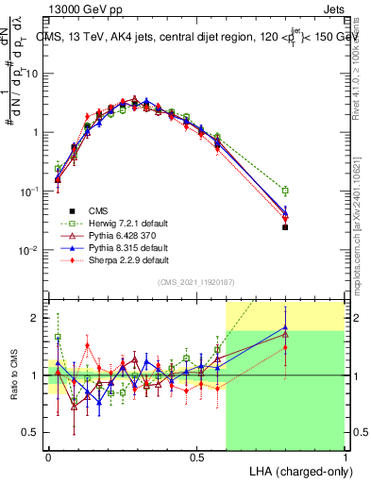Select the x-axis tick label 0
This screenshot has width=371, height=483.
pyautogui.click(x=47, y=456)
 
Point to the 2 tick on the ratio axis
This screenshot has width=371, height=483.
pyautogui.click(x=39, y=318)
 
